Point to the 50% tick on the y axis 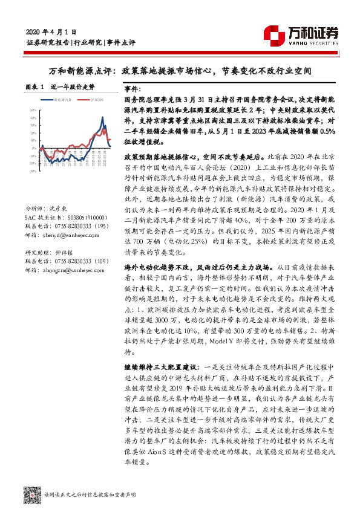[x=33, y=109]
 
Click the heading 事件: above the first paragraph [x=132, y=88]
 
